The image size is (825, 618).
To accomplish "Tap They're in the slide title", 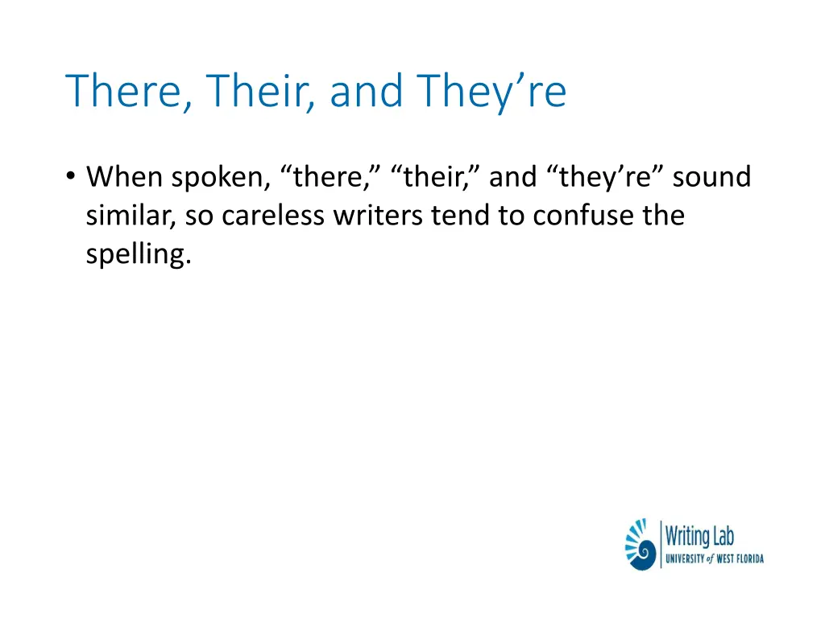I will pyautogui.click(x=492, y=91).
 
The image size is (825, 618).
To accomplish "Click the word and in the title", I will pyautogui.click(x=367, y=91).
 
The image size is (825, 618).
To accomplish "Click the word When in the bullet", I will pyautogui.click(x=126, y=177).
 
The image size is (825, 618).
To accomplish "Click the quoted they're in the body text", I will pyautogui.click(x=602, y=177).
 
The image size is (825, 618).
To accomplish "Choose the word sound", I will pyautogui.click(x=712, y=177).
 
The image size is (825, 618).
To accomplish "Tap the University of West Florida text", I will pyautogui.click(x=714, y=558).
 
